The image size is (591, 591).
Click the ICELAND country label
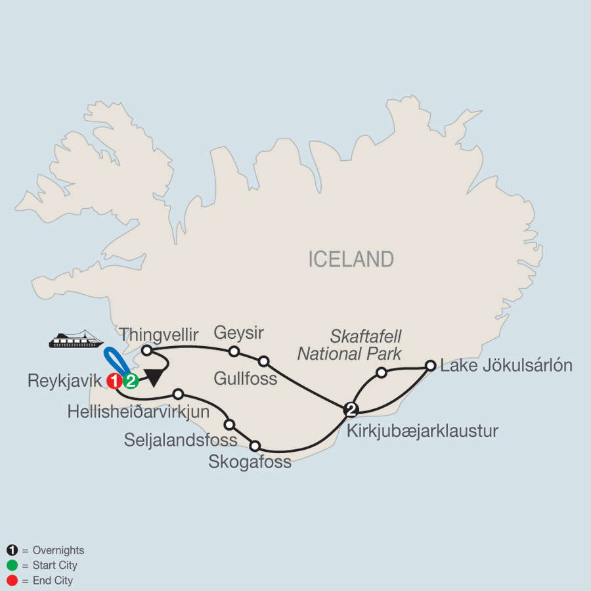pyautogui.click(x=351, y=259)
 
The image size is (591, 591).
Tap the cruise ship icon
pyautogui.click(x=76, y=340)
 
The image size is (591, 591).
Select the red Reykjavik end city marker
pyautogui.click(x=115, y=380)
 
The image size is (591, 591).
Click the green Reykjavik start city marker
pyautogui.click(x=131, y=380)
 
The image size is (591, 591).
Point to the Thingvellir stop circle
pyautogui.click(x=147, y=351)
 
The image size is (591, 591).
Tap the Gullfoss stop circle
pyautogui.click(x=264, y=361)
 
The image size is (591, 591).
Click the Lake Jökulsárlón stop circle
pyautogui.click(x=430, y=365)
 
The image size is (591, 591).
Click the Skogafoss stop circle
pyautogui.click(x=255, y=446)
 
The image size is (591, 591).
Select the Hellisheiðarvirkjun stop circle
pyautogui.click(x=178, y=394)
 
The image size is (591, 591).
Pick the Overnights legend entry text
pyautogui.click(x=53, y=550)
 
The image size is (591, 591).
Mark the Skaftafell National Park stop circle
pyautogui.click(x=381, y=373)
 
